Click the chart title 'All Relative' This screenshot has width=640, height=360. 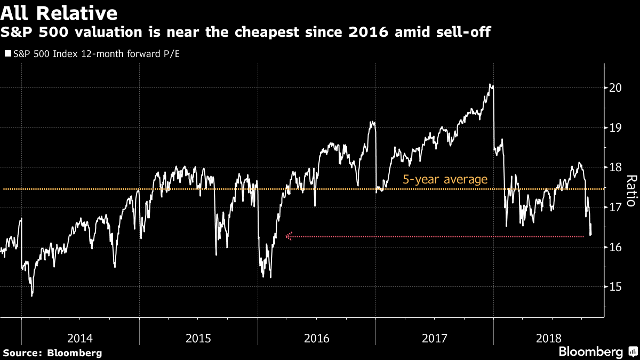coord(59,12)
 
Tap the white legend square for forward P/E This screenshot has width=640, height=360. coord(7,54)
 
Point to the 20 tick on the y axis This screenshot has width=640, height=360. coord(616,88)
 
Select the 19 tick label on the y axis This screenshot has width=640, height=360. coord(616,128)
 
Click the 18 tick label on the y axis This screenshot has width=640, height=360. coord(616,167)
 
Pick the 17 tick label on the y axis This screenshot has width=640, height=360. coord(616,207)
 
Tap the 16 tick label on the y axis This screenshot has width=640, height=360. coord(616,247)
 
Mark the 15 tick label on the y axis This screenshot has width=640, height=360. coord(616,287)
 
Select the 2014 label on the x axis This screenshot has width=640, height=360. coord(80,338)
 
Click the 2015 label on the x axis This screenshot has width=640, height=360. coord(198,338)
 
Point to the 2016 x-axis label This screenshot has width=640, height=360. coord(316,338)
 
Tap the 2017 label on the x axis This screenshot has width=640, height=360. coord(435,338)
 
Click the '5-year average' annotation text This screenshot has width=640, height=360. coord(445,179)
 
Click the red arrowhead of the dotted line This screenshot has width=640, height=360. coord(289,237)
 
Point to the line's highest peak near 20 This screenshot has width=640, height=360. coord(490,85)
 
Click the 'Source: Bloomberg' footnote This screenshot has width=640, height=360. coord(52,353)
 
